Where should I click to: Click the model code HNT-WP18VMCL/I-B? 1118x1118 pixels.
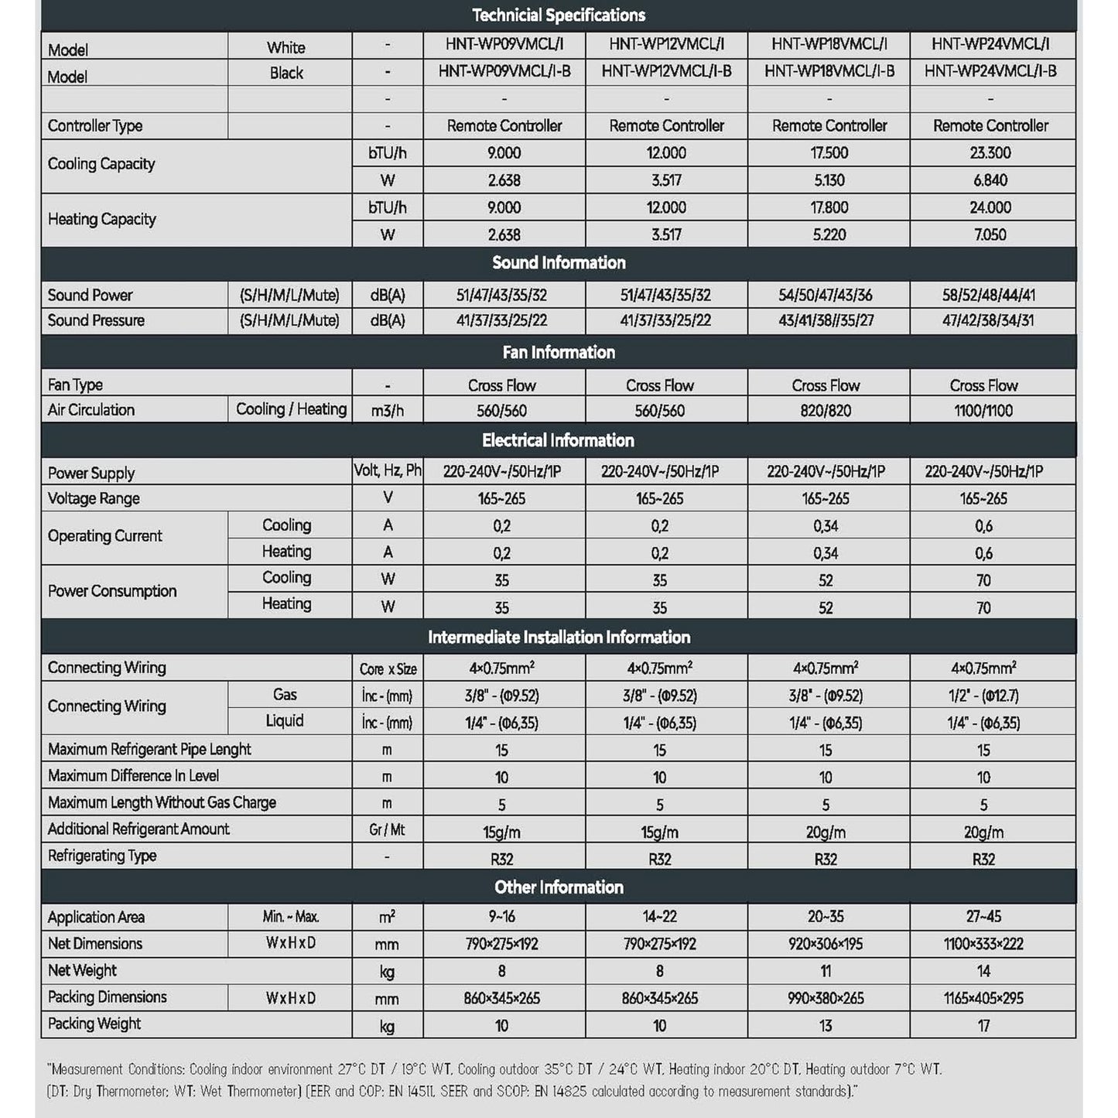coord(829,71)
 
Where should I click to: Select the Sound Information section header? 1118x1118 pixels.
coord(559,263)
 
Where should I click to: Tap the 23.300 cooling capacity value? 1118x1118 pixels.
coord(990,153)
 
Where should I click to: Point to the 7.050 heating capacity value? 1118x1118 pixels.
coord(990,234)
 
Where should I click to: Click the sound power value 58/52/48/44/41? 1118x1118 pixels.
coord(989,295)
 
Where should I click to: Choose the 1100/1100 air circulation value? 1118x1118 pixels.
coord(983,411)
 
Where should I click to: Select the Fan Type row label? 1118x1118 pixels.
coord(75,385)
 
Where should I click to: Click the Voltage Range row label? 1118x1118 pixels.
coord(94,498)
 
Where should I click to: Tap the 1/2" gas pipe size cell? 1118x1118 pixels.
coord(983,696)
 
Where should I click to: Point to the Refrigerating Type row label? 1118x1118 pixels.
coord(102,856)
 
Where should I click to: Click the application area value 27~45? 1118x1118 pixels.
coord(983,917)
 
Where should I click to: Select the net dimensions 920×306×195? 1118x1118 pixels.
coord(826,944)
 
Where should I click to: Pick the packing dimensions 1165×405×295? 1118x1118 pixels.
coord(983,998)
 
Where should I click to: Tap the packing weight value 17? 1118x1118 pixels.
coord(983,1026)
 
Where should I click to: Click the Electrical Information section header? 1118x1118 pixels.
coord(559,441)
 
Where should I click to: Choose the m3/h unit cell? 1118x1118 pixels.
coord(387,411)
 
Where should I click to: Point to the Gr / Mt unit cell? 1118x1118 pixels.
coord(387,830)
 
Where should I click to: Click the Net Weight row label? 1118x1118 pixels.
coord(82,970)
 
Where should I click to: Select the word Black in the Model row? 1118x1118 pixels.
coord(286,74)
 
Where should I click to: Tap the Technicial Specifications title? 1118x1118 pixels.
coord(559,15)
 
